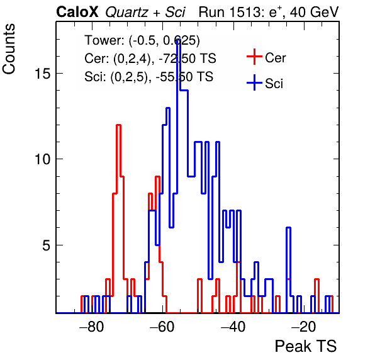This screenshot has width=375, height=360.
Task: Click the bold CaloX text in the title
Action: point(77,12)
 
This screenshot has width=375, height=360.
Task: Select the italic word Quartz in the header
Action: point(126,12)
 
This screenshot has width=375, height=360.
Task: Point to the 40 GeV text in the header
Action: point(314,12)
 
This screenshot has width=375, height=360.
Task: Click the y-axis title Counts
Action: point(9,49)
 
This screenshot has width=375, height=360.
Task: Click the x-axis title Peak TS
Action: point(306,346)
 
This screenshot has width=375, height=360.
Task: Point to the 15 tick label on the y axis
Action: point(43,74)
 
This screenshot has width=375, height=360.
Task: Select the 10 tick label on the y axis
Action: point(43,159)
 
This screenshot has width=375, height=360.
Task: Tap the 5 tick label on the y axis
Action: point(47,245)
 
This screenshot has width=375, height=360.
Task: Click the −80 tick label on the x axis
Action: point(92,327)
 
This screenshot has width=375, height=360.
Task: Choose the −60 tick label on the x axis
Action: point(162,327)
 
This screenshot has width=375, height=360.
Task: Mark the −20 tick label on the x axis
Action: point(304,327)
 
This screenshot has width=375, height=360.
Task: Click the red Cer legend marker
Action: point(254,57)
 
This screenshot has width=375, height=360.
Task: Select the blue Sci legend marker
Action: point(254,83)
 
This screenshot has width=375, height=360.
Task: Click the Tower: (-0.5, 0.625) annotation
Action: point(142,40)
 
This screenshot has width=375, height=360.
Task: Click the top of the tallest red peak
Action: point(118,125)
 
